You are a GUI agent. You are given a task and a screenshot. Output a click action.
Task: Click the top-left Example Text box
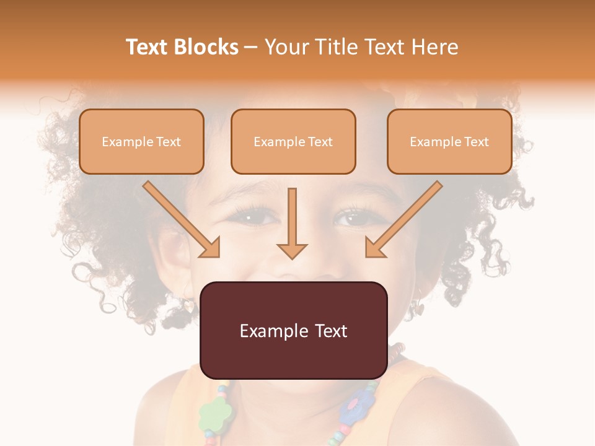coord(141,142)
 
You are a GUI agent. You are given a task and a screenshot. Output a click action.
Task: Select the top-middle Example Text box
coord(293,142)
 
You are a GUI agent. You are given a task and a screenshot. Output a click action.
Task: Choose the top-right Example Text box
coord(449,142)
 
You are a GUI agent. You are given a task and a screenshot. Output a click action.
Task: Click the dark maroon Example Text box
coord(293,331)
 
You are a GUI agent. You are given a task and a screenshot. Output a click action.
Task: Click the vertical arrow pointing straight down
coord(292,223)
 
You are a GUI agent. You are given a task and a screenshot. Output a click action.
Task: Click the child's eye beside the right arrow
coord(351,218)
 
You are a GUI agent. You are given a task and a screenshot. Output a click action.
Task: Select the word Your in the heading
coord(287,47)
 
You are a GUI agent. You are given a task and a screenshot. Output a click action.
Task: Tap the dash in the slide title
coord(251,48)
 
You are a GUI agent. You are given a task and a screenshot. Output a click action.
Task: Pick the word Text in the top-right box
coord(476,142)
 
